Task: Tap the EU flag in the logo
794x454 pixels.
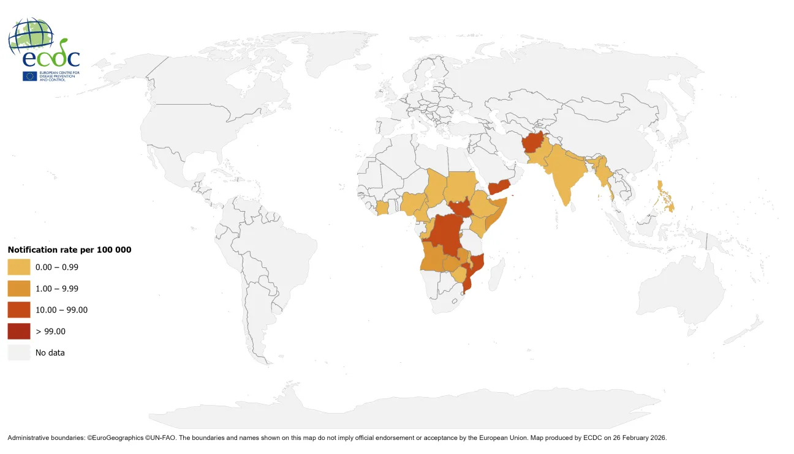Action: pyautogui.click(x=29, y=76)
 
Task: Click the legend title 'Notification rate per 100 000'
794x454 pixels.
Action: pyautogui.click(x=69, y=250)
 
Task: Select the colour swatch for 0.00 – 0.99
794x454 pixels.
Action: pyautogui.click(x=18, y=267)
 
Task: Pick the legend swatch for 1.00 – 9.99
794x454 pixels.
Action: pyautogui.click(x=18, y=288)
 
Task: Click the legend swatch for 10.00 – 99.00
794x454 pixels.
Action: pyautogui.click(x=18, y=310)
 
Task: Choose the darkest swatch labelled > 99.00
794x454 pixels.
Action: pyautogui.click(x=18, y=331)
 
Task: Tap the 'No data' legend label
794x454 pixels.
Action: pyautogui.click(x=50, y=352)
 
